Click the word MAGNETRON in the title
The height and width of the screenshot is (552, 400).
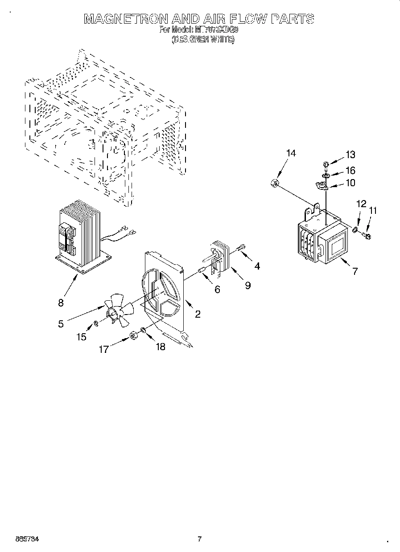pyautogui.click(x=126, y=19)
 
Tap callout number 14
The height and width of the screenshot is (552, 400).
pyautogui.click(x=291, y=153)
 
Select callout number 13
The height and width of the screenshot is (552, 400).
pyautogui.click(x=350, y=155)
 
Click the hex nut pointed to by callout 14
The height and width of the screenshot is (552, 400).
pyautogui.click(x=275, y=183)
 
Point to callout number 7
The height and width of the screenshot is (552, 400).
pyautogui.click(x=355, y=270)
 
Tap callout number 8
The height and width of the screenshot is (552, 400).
pyautogui.click(x=61, y=303)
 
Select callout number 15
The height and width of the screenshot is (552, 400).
pyautogui.click(x=81, y=337)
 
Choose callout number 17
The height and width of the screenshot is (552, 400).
pyautogui.click(x=103, y=350)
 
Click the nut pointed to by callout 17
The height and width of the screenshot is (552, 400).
pyautogui.click(x=132, y=335)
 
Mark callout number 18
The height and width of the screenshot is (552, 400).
pyautogui.click(x=160, y=347)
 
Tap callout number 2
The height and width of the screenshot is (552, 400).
pyautogui.click(x=198, y=314)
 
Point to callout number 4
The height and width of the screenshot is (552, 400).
pyautogui.click(x=257, y=266)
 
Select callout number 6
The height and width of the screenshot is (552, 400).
pyautogui.click(x=217, y=290)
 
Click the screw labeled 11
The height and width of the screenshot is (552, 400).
pyautogui.click(x=367, y=236)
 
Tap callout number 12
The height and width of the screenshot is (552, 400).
pyautogui.click(x=361, y=204)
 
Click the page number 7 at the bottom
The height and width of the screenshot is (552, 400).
pyautogui.click(x=200, y=539)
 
